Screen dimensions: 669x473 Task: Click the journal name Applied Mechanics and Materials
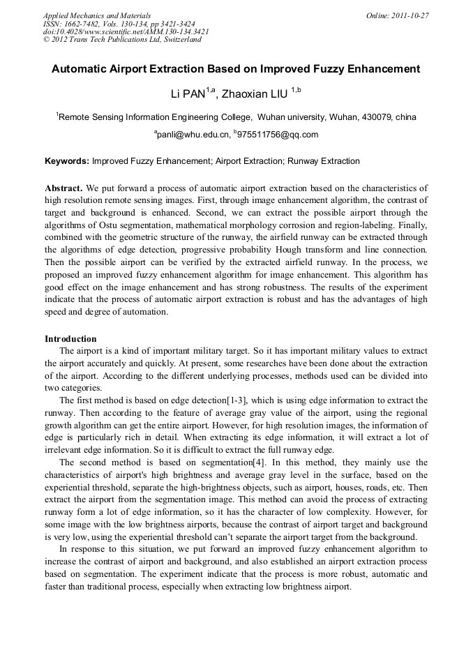pyautogui.click(x=96, y=15)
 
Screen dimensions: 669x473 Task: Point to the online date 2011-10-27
pyautogui.click(x=410, y=15)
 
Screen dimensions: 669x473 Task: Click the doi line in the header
pyautogui.click(x=125, y=31)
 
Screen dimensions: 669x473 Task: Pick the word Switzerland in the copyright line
pyautogui.click(x=179, y=40)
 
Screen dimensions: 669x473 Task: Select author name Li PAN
pyautogui.click(x=188, y=93)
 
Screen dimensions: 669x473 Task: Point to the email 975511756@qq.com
pyautogui.click(x=277, y=135)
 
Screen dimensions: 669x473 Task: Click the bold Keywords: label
pyautogui.click(x=67, y=161)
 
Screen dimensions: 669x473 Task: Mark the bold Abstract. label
pyautogui.click(x=64, y=188)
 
